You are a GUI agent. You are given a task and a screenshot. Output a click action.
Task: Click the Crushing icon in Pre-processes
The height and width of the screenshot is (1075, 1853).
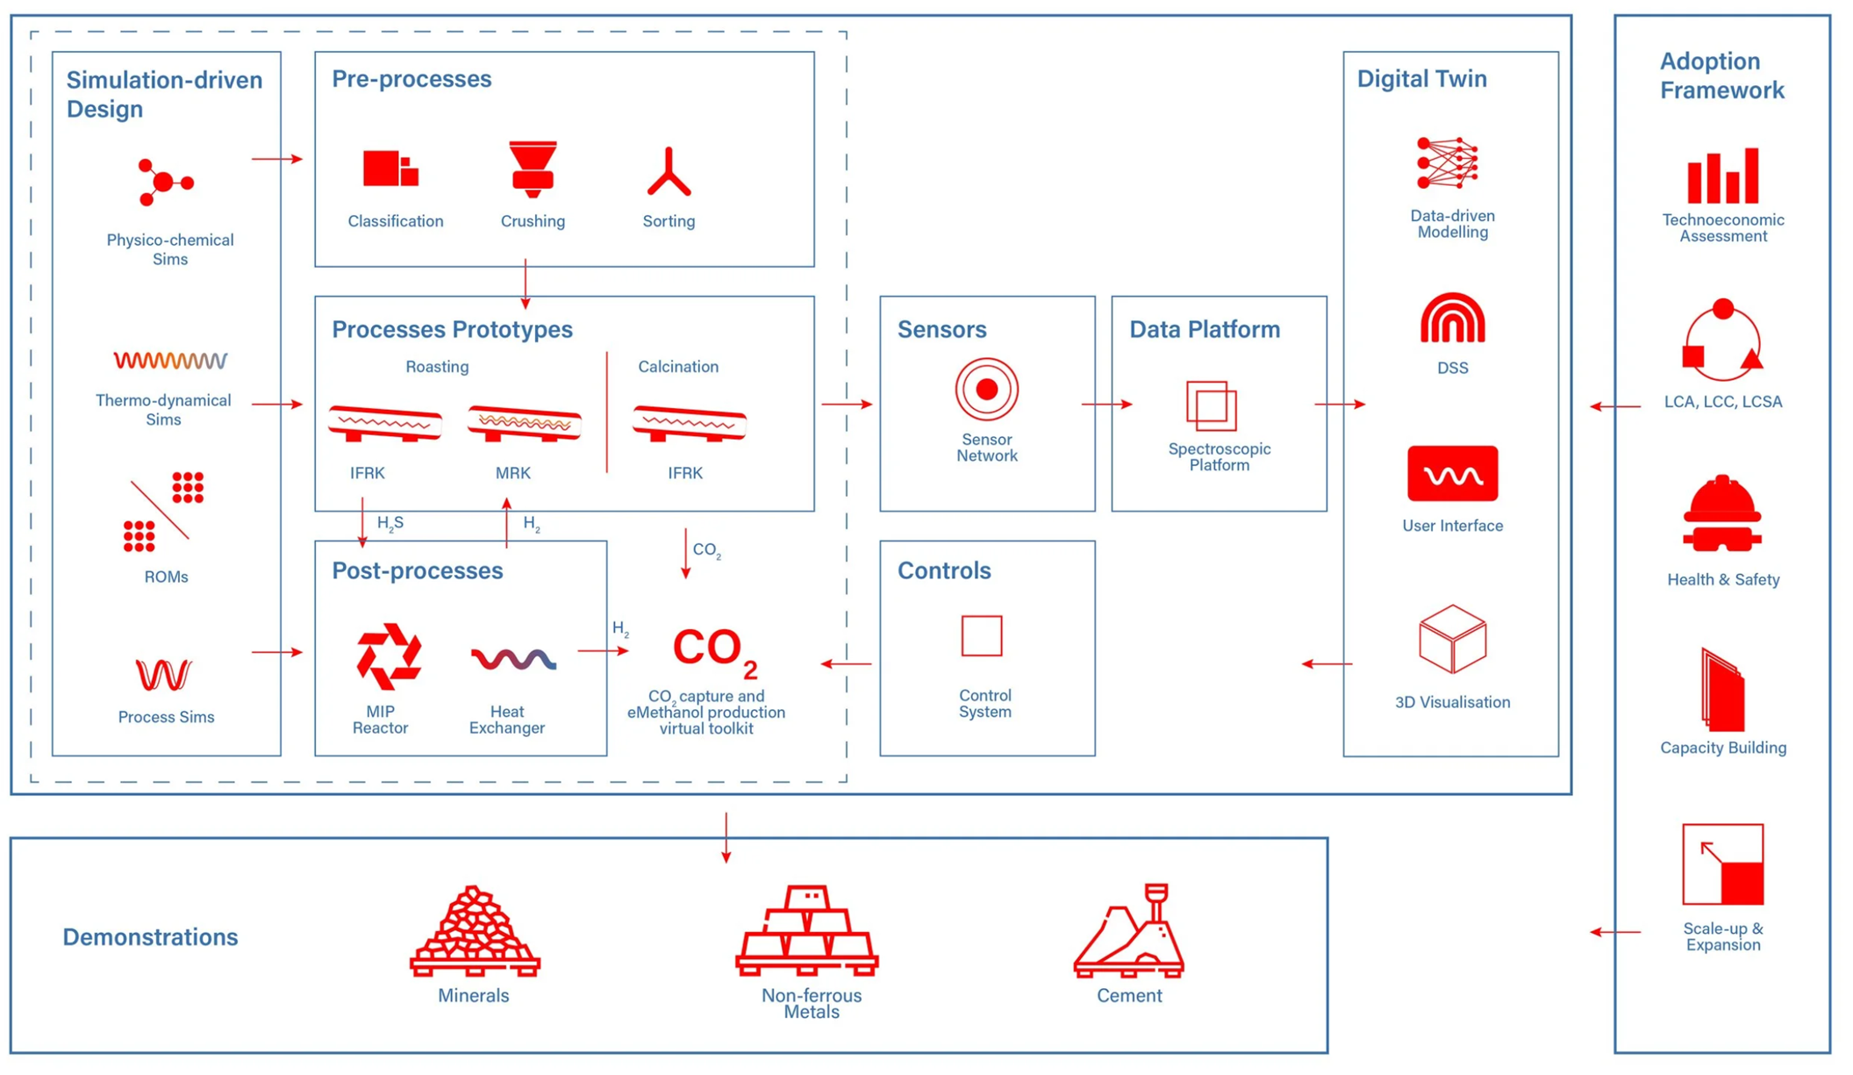click(533, 168)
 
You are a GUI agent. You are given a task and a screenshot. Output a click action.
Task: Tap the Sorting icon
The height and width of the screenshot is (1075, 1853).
click(669, 172)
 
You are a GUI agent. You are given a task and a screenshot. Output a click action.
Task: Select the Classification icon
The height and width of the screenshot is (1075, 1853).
click(390, 168)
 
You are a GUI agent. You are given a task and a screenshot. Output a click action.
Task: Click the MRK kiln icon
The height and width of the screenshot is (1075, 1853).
click(524, 424)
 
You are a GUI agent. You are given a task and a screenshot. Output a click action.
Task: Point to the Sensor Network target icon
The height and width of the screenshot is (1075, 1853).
click(986, 390)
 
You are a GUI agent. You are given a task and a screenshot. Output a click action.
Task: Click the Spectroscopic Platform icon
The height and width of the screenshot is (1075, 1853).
click(1212, 405)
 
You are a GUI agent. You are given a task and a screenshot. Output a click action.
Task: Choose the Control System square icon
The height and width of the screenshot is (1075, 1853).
click(982, 635)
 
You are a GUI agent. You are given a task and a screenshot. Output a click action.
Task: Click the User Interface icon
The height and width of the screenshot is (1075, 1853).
click(1452, 474)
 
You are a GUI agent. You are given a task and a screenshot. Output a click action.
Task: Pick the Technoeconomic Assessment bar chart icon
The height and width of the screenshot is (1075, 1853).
click(1722, 176)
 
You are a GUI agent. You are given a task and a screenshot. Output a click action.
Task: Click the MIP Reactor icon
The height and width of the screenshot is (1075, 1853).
click(389, 656)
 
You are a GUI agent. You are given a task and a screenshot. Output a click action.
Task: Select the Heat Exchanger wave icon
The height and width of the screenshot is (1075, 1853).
click(513, 658)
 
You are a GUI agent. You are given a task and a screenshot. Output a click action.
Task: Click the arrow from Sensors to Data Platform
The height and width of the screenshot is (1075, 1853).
click(1106, 405)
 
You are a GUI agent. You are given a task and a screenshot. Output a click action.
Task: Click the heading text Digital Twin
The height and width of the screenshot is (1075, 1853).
click(1421, 79)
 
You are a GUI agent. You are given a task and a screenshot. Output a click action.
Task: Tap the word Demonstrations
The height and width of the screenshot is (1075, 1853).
click(150, 937)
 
